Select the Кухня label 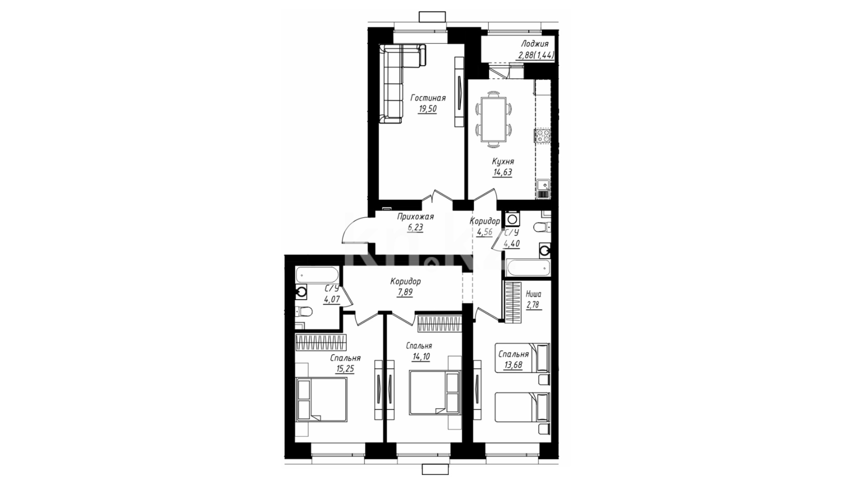(x=503, y=161)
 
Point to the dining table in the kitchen (x=493, y=120)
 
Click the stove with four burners (x=542, y=136)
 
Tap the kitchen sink (x=543, y=184)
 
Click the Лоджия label (x=535, y=44)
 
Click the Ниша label (x=533, y=294)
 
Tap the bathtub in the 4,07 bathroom (x=317, y=273)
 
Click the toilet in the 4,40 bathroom (x=542, y=227)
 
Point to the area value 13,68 (x=513, y=365)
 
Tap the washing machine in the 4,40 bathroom (x=512, y=219)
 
